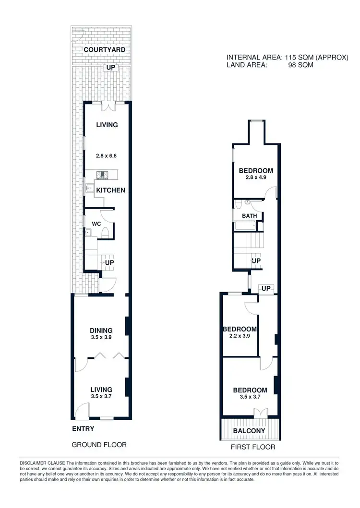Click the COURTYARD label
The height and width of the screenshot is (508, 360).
[102, 49]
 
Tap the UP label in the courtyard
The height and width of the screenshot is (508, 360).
[111, 68]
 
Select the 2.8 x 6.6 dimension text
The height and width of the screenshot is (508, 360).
[106, 156]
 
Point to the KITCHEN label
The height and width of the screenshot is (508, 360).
[110, 190]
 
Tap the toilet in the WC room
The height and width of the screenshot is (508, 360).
[106, 234]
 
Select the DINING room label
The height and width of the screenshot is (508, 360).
[101, 331]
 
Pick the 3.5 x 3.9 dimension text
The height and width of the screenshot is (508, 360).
[101, 338]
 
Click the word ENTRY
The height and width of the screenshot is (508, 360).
[83, 429]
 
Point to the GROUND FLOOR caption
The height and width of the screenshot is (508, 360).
[99, 445]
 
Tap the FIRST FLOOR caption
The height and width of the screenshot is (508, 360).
[253, 447]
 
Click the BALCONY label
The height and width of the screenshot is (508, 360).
[249, 431]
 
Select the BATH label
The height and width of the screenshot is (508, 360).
[249, 216]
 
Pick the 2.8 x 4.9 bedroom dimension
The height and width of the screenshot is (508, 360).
[256, 177]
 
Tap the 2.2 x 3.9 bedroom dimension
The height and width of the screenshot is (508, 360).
[240, 336]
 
